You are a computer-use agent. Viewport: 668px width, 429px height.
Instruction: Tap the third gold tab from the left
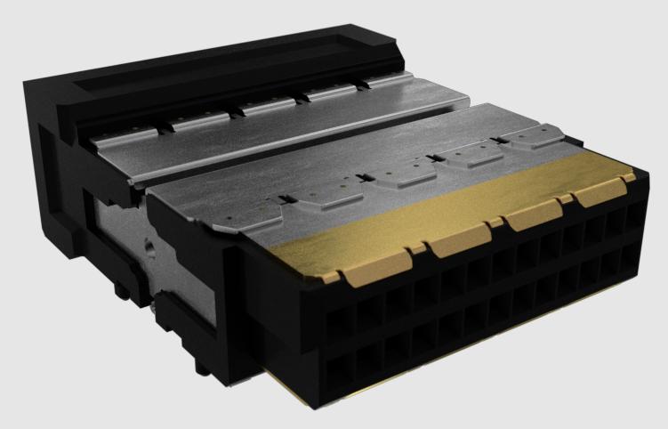click(532, 217)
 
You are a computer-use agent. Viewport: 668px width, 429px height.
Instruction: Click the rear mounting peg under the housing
click(119, 288)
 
